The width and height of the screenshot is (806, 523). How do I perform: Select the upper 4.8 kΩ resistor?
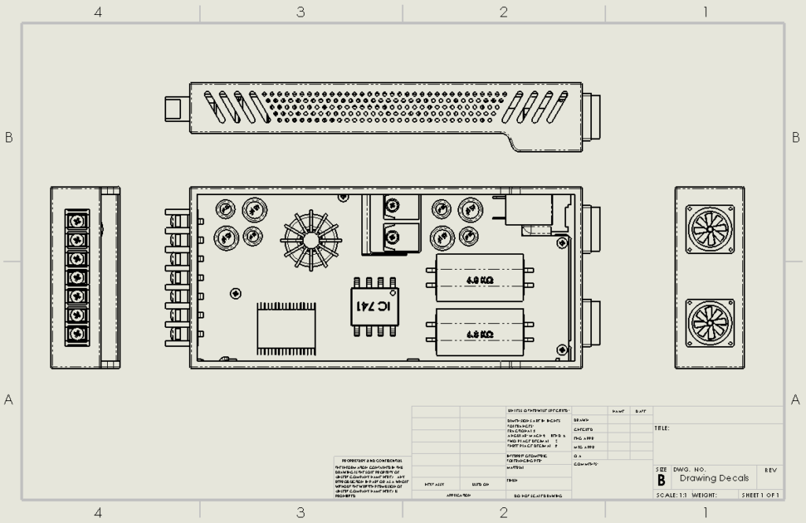click(479, 278)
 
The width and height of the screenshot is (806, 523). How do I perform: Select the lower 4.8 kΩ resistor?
click(479, 333)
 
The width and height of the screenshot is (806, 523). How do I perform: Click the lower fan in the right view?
click(710, 322)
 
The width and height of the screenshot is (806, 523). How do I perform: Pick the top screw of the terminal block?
click(77, 221)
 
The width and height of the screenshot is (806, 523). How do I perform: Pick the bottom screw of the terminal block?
click(77, 334)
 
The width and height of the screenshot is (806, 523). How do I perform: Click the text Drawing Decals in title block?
click(714, 478)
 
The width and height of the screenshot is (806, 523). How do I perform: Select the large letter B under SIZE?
click(661, 480)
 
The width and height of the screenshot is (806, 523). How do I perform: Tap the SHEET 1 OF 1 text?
click(760, 495)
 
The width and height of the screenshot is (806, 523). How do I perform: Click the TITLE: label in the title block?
click(662, 429)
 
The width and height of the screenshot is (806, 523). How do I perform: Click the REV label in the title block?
click(771, 470)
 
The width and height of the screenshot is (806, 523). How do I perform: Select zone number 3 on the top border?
click(301, 12)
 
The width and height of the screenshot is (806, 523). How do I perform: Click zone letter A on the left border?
click(9, 400)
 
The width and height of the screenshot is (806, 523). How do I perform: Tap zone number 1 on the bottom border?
click(705, 513)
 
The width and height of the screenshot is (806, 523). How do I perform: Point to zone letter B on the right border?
click(796, 137)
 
